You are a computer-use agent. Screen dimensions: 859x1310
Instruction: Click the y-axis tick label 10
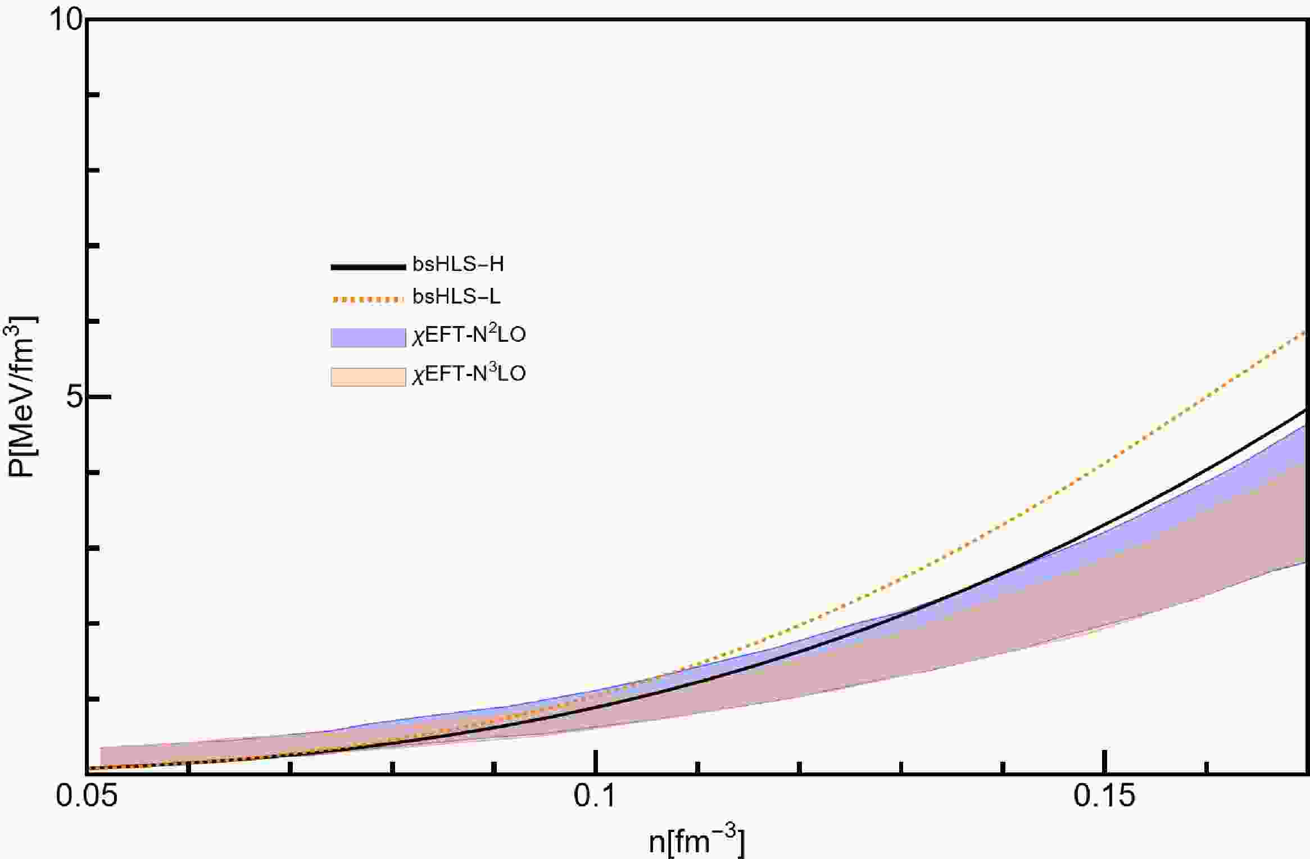point(66,21)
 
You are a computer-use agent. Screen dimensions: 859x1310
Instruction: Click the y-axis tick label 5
point(74,397)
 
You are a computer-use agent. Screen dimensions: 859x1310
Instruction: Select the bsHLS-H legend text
point(458,264)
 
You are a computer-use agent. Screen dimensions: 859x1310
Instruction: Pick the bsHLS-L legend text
point(456,296)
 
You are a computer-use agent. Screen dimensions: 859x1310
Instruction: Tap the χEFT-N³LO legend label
point(469,373)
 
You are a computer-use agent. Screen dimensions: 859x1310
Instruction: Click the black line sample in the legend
point(368,266)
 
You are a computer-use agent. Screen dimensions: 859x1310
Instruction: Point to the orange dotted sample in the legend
point(368,299)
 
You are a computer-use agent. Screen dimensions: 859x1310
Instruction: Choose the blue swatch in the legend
point(368,337)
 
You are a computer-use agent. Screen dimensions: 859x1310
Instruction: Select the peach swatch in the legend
point(368,377)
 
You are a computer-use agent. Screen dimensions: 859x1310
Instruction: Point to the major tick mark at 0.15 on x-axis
point(1105,762)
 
